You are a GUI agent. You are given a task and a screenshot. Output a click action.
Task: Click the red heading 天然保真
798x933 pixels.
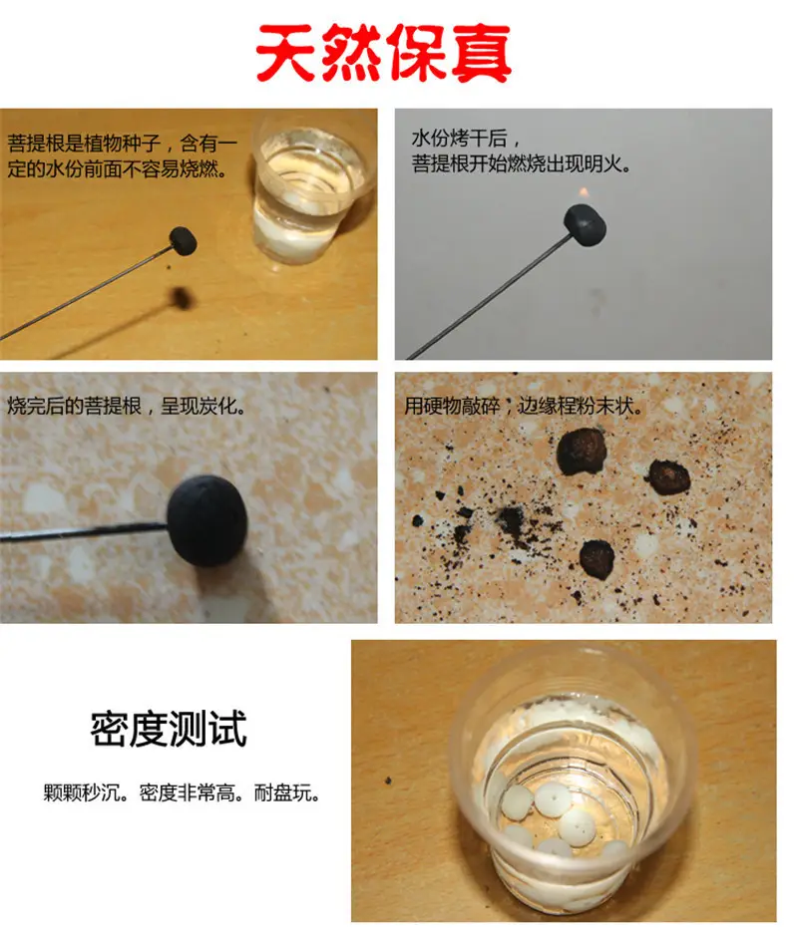pyautogui.click(x=384, y=53)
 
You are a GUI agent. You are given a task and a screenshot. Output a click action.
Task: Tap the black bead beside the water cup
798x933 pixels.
pyautogui.click(x=183, y=240)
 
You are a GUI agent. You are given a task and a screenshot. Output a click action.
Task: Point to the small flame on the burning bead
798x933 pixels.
pyautogui.click(x=585, y=192)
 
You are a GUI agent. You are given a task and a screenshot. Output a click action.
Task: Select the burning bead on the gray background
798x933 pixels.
pyautogui.click(x=585, y=221)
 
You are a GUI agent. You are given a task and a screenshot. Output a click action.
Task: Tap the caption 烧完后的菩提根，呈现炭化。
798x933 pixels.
pyautogui.click(x=127, y=406)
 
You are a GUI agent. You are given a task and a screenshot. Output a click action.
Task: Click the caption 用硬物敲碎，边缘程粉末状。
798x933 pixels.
pyautogui.click(x=524, y=406)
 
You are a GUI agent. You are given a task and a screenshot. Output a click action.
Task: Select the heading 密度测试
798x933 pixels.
pyautogui.click(x=169, y=729)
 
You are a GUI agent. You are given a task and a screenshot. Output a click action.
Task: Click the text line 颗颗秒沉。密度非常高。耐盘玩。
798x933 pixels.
pyautogui.click(x=182, y=792)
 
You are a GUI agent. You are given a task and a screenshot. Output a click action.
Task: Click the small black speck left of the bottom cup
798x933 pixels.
pyautogui.click(x=388, y=780)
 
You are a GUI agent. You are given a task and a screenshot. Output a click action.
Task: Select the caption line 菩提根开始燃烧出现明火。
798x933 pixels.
pyautogui.click(x=521, y=163)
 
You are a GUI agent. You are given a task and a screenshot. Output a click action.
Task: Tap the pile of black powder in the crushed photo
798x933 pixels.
pyautogui.click(x=509, y=519)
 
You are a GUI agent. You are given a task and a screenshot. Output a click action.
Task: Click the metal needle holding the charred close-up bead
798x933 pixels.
pyautogui.click(x=84, y=531)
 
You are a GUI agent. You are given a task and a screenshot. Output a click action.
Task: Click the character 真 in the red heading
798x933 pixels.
pyautogui.click(x=481, y=54)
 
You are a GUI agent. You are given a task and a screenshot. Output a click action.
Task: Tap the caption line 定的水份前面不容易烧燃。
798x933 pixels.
pyautogui.click(x=118, y=168)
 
